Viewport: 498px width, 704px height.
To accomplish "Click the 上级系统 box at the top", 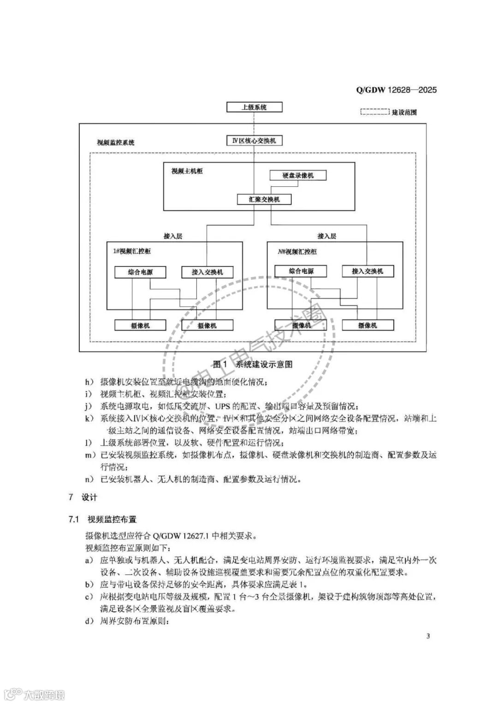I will (x=254, y=107).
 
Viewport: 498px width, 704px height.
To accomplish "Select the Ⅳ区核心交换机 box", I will (x=254, y=140).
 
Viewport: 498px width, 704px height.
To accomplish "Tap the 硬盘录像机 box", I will (x=298, y=175).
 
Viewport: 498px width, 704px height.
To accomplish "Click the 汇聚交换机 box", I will (x=264, y=199).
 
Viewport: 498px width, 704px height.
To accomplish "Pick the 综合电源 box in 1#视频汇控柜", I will (x=140, y=272).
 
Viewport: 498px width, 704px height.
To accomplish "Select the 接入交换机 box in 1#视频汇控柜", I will (x=207, y=272).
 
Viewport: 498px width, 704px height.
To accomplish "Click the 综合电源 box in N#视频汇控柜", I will (x=301, y=271).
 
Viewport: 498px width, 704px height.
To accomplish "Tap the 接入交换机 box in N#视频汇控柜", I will (x=368, y=271).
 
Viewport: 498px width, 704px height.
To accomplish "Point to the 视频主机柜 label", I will (x=187, y=171).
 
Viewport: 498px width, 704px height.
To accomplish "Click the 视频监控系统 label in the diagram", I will (x=116, y=142).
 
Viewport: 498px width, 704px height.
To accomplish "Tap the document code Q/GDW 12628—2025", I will (x=396, y=89).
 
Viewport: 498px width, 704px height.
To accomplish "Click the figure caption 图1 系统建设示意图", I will (x=253, y=364).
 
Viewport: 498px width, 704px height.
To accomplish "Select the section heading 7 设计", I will (x=83, y=497).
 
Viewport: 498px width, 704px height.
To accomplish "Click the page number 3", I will (x=428, y=637).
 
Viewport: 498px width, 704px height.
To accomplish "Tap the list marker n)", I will (x=89, y=479).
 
